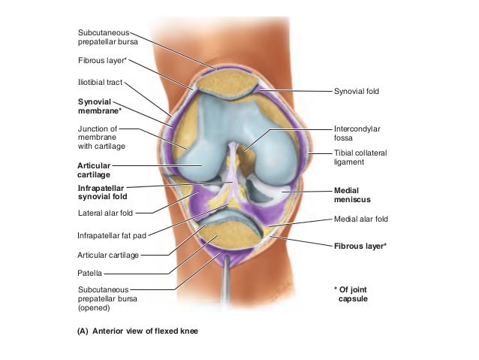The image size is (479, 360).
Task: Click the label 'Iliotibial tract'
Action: tap(100, 83)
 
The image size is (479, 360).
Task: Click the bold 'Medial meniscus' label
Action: tap(352, 195)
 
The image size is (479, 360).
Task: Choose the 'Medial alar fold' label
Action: tap(361, 220)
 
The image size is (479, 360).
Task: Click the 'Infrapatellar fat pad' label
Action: tap(111, 235)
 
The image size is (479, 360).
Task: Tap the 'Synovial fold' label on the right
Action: tap(357, 92)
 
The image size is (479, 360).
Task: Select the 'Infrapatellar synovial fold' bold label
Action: tap(104, 192)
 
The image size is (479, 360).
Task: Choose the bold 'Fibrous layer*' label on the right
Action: tap(360, 246)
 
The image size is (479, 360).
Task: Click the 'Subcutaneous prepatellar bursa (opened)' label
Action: tap(104, 298)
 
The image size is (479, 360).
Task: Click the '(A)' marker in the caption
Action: tap(83, 331)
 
